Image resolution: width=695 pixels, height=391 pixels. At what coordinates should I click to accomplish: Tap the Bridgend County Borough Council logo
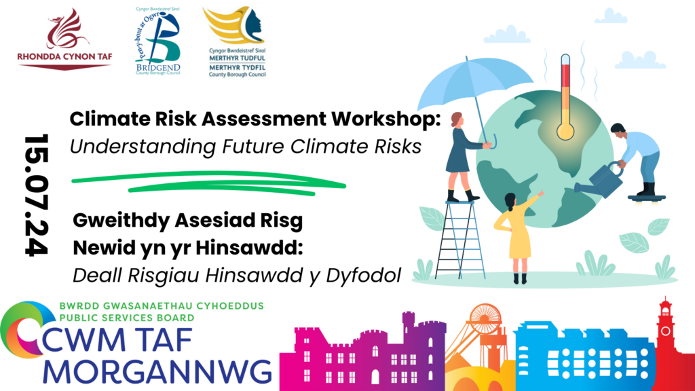(x=157, y=41)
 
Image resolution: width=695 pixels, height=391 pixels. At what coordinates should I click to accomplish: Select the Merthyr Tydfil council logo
(x=236, y=42)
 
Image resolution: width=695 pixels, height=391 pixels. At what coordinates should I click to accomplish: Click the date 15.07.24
(x=37, y=195)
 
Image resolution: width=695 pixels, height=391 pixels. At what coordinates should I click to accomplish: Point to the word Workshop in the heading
(x=386, y=119)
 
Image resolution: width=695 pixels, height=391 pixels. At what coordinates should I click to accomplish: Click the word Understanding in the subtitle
(x=143, y=147)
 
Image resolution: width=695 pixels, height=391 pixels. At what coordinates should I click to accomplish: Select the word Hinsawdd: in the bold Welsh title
(x=249, y=247)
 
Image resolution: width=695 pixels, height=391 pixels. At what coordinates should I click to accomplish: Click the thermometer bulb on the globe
(x=565, y=131)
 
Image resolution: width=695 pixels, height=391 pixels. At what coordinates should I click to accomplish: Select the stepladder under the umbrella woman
(x=459, y=240)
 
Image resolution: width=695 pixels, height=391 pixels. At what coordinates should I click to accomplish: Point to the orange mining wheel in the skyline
(x=485, y=316)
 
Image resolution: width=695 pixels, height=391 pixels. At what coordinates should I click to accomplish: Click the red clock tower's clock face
(x=665, y=331)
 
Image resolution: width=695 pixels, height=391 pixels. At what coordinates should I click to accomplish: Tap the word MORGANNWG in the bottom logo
(x=157, y=372)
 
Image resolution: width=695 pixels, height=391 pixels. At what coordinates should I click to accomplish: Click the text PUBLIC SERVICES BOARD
(x=127, y=318)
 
